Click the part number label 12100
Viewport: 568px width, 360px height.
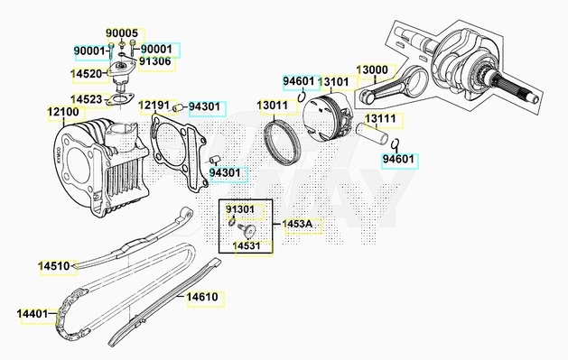coord(63,112)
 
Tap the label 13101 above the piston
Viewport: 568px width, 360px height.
coord(333,82)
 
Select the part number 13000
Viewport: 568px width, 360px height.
coord(372,69)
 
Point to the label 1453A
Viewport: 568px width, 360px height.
coord(297,224)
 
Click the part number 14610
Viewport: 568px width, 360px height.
coord(202,297)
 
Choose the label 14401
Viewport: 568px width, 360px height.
coord(33,313)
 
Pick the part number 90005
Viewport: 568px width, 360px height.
coord(122,32)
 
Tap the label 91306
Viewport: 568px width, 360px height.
coord(155,61)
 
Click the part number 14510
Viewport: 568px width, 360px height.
coord(54,266)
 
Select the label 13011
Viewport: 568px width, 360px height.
coord(273,106)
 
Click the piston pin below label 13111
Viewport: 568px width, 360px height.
coord(372,134)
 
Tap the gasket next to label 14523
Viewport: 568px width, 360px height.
coord(119,100)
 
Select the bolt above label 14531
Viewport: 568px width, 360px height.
coord(247,229)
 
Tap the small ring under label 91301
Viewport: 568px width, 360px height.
coord(232,222)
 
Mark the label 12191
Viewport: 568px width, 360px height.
coord(154,106)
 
